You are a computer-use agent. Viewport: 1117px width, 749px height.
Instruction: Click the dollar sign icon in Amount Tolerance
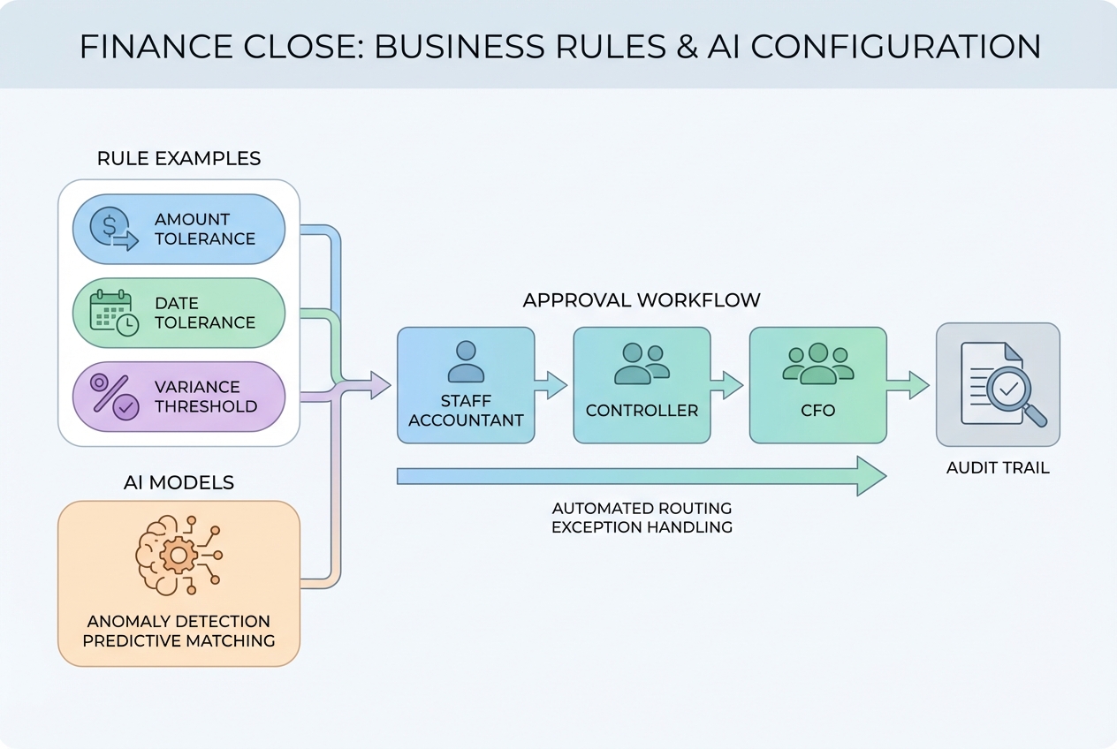[113, 229]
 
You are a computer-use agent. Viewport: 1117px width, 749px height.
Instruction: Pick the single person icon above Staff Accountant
[466, 361]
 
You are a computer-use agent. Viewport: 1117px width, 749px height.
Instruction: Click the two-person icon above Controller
[642, 363]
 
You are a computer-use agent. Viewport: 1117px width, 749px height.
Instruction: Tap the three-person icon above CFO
[817, 363]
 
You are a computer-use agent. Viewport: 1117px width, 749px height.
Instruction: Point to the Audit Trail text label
[998, 468]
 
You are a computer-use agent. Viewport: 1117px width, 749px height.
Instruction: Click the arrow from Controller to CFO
[729, 385]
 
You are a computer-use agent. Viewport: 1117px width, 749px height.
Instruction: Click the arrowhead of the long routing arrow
[871, 476]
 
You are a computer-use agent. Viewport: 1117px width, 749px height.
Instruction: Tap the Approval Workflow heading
[641, 300]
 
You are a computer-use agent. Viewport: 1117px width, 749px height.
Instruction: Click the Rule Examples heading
[179, 159]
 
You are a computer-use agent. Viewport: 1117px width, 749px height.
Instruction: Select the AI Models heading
[179, 482]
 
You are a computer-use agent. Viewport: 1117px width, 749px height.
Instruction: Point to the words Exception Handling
[642, 527]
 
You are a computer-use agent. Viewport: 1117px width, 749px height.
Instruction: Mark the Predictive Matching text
[179, 640]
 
